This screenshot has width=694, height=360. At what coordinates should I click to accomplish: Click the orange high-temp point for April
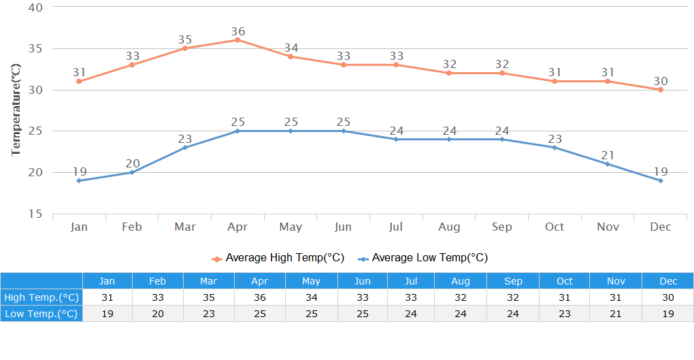pyautogui.click(x=237, y=40)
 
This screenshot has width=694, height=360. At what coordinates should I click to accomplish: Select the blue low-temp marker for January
pyautogui.click(x=79, y=180)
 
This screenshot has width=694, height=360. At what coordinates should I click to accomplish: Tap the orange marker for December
pyautogui.click(x=660, y=90)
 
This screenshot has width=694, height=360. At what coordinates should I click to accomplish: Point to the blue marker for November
pyautogui.click(x=608, y=164)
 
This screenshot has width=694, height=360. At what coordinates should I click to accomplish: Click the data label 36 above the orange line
pyautogui.click(x=237, y=31)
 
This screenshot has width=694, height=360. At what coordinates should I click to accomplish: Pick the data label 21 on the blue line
pyautogui.click(x=608, y=155)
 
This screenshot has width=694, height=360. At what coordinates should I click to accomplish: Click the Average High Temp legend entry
pyautogui.click(x=278, y=258)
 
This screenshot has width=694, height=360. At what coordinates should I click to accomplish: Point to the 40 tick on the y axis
pyautogui.click(x=35, y=7)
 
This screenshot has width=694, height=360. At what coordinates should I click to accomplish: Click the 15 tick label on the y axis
pyautogui.click(x=35, y=214)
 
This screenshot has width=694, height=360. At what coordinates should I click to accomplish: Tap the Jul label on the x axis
pyautogui.click(x=396, y=227)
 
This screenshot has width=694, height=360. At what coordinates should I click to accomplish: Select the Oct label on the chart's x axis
pyautogui.click(x=555, y=227)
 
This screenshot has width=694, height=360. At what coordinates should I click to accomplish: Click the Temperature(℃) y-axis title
pyautogui.click(x=16, y=110)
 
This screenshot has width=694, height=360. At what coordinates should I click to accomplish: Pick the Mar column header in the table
pyautogui.click(x=209, y=281)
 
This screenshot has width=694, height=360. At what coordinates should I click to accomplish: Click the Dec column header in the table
pyautogui.click(x=668, y=281)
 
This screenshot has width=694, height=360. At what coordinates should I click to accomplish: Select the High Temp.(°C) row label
pyautogui.click(x=42, y=297)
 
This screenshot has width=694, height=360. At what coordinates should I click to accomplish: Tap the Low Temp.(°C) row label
pyautogui.click(x=42, y=314)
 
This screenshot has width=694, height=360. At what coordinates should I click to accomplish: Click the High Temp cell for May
pyautogui.click(x=311, y=297)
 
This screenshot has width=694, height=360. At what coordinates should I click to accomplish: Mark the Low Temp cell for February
pyautogui.click(x=157, y=314)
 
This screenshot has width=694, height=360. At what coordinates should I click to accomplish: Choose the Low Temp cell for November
pyautogui.click(x=616, y=314)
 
